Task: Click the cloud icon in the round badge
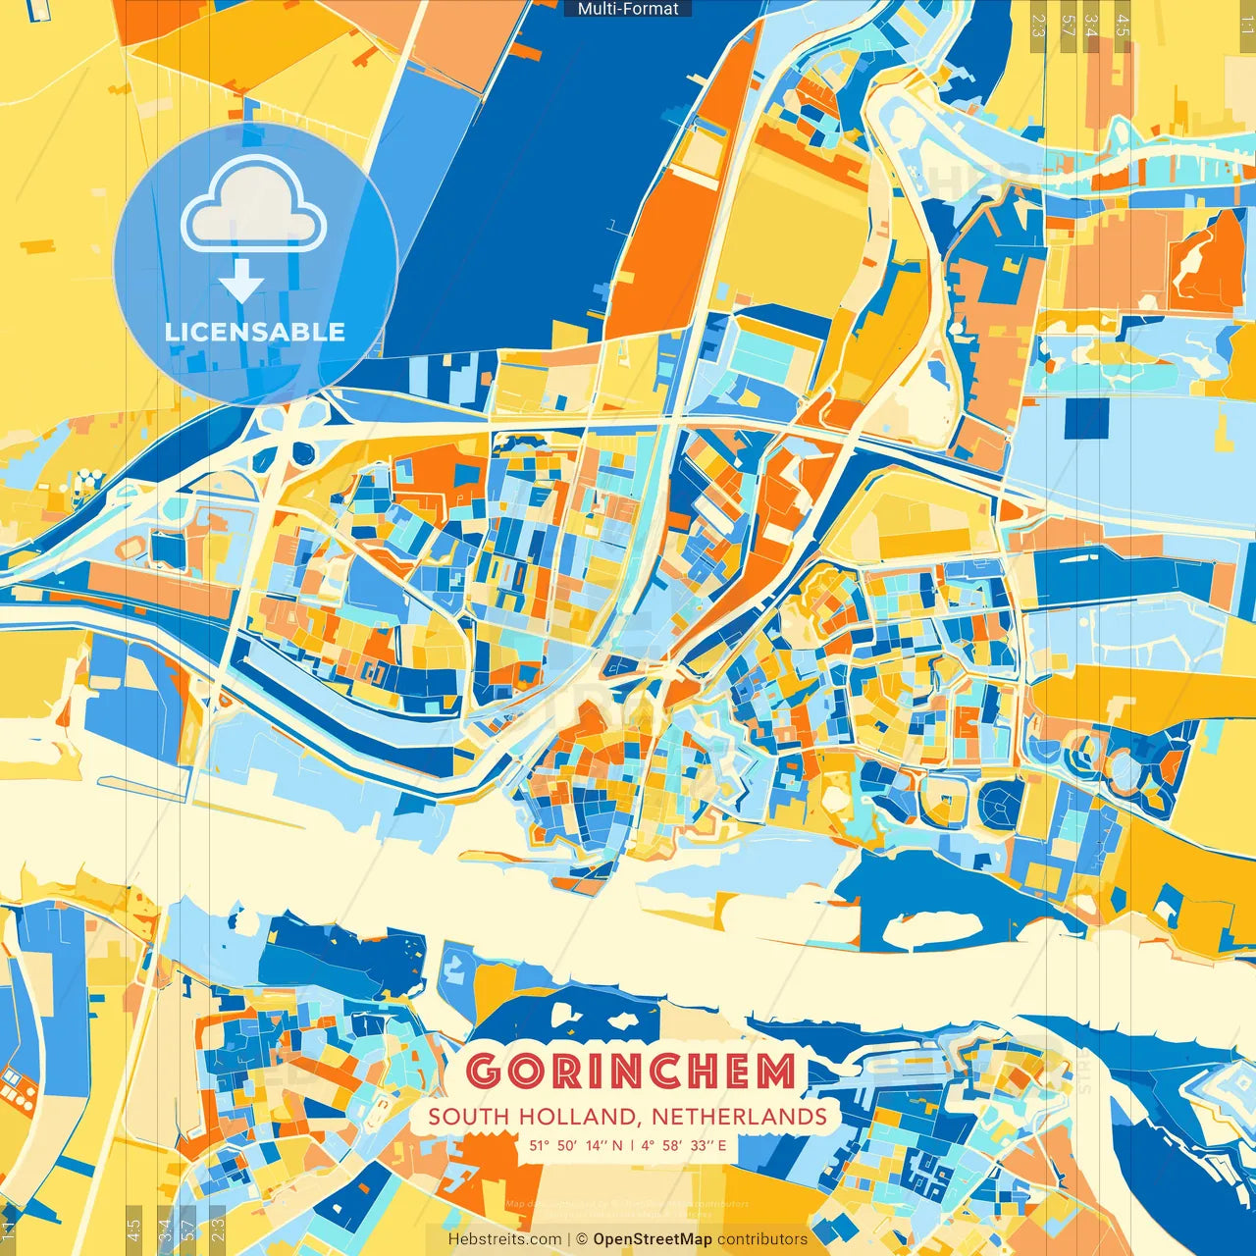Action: click(253, 206)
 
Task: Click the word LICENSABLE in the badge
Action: click(255, 332)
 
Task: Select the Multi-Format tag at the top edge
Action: click(628, 9)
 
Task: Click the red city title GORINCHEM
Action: click(630, 1072)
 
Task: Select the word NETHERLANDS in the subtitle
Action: click(739, 1117)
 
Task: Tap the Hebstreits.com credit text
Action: click(504, 1239)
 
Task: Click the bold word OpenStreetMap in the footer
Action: click(652, 1239)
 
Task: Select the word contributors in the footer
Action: click(762, 1239)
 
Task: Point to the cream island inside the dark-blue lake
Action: click(932, 928)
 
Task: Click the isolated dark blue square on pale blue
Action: click(1084, 417)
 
